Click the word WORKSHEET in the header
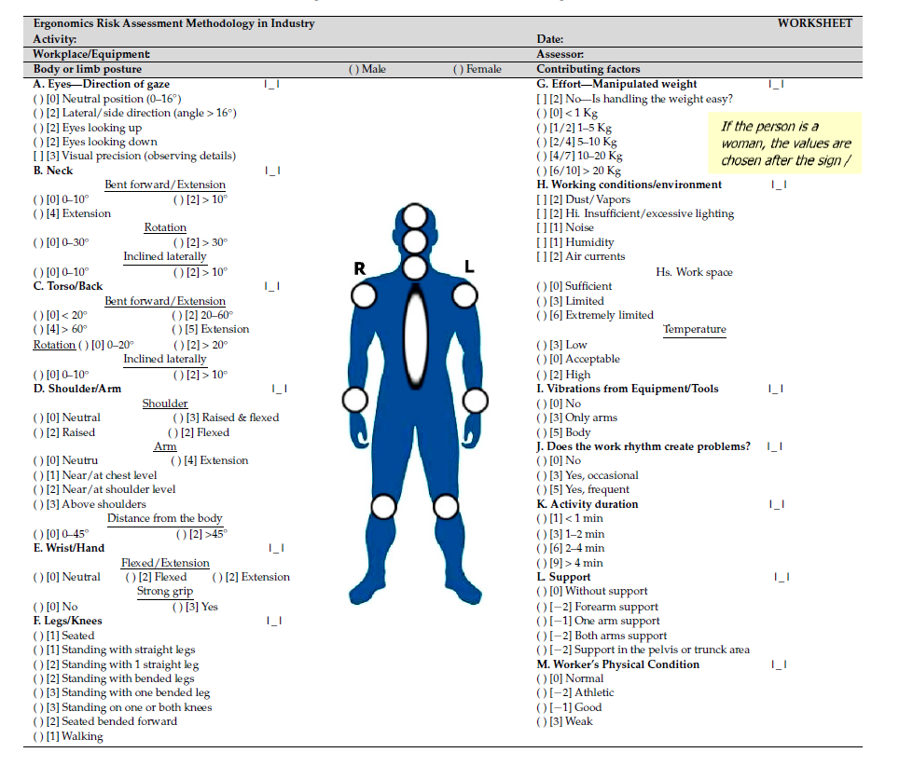814,23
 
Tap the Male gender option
367,69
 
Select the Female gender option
477,69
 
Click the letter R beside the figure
360,268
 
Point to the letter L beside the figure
469,267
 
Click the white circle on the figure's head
415,216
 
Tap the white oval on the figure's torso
416,336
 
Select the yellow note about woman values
785,144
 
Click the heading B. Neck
53,171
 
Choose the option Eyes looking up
88,128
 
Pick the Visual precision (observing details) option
134,156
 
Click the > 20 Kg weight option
579,171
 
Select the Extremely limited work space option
595,315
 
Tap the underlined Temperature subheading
695,330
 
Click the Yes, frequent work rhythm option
583,489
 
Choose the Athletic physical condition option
575,692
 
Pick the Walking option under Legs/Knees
68,736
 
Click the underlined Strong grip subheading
165,592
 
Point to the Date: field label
550,39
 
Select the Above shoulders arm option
90,504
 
